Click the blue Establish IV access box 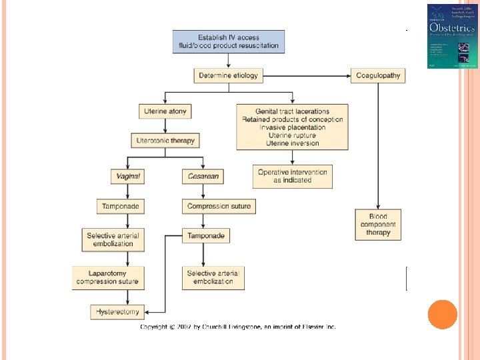click(x=229, y=41)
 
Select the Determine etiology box click(x=229, y=75)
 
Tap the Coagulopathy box click(x=378, y=75)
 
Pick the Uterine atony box click(x=165, y=111)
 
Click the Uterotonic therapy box click(x=165, y=141)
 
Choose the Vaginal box click(x=128, y=176)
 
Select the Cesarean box click(x=202, y=176)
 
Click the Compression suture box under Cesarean click(x=219, y=206)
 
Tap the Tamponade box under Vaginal click(x=120, y=206)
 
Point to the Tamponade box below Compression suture click(x=206, y=235)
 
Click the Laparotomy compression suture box click(x=108, y=277)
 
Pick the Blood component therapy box click(x=378, y=225)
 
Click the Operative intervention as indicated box click(x=292, y=176)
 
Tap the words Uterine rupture click(x=292, y=135)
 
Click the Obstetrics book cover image click(x=452, y=36)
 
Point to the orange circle click(x=442, y=315)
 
